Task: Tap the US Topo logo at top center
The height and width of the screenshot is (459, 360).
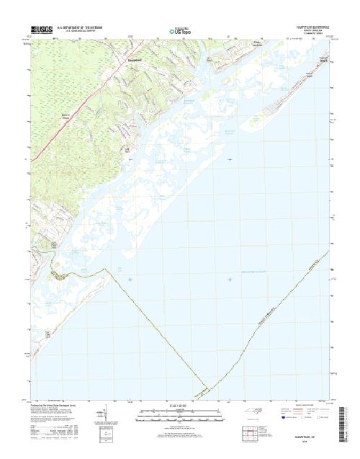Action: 179,30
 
